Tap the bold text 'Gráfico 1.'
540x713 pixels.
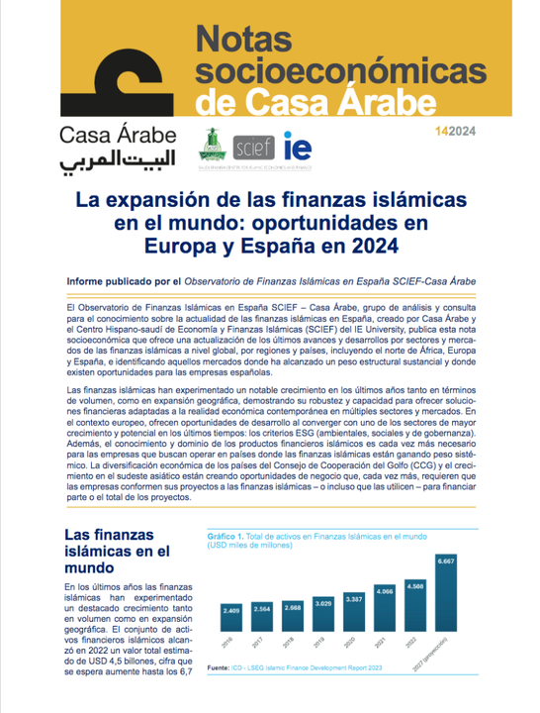click(225, 536)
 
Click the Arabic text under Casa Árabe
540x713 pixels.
click(109, 158)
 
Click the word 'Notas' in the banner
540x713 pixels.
click(248, 40)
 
